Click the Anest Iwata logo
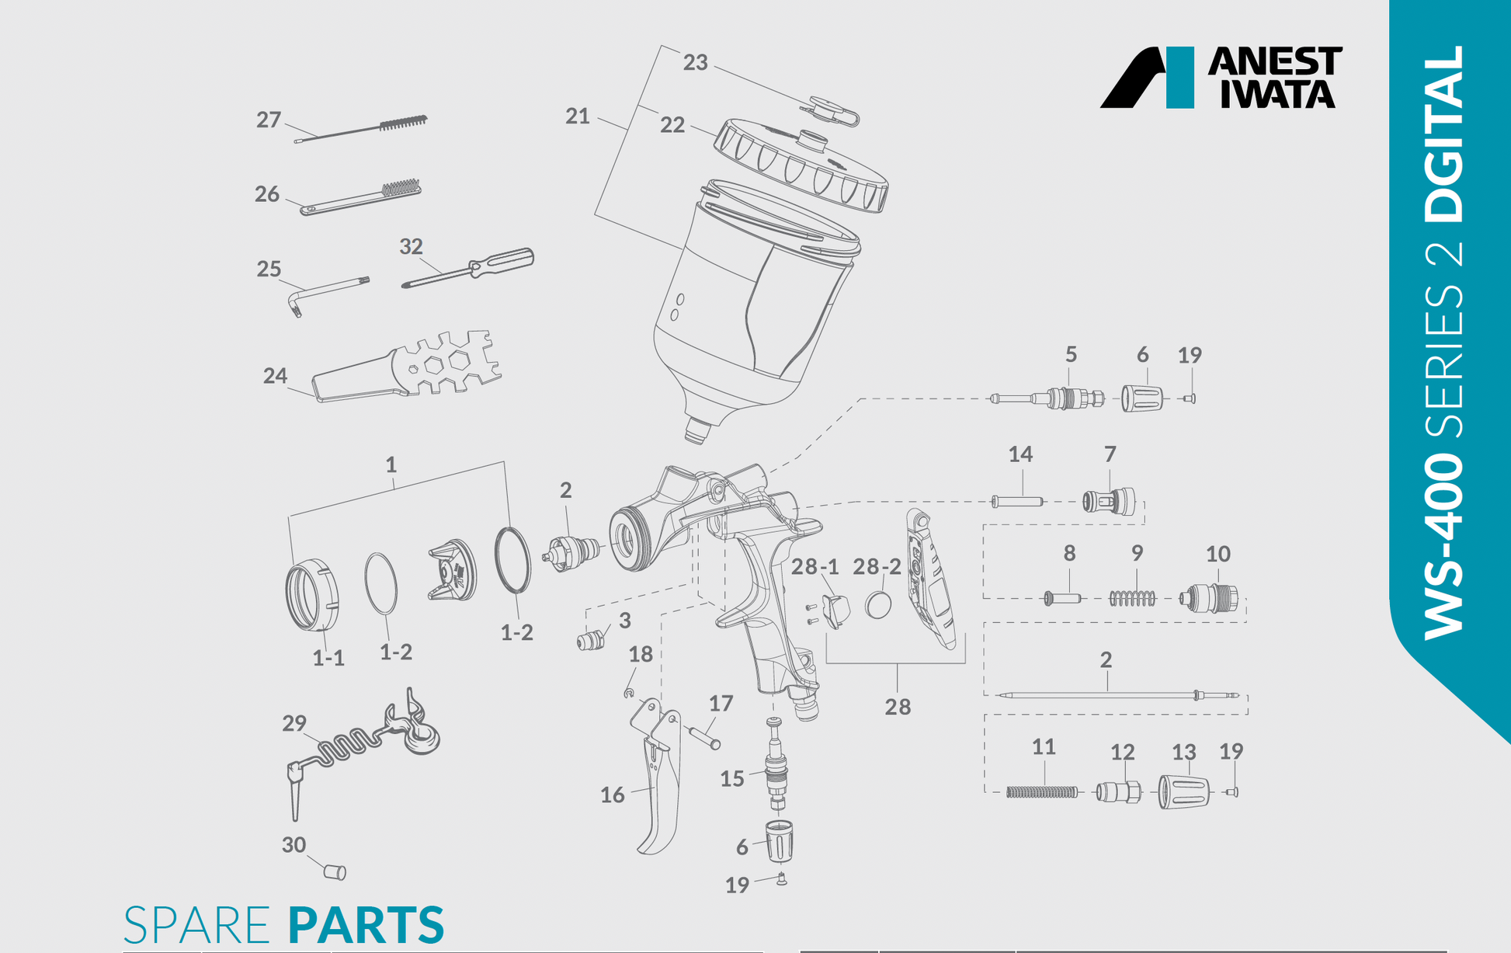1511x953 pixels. (1221, 77)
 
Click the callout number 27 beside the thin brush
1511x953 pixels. (269, 120)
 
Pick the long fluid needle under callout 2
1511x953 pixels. (1110, 695)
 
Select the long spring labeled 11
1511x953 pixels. (1042, 792)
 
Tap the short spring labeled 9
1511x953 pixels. (1132, 598)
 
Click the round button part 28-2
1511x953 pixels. (878, 605)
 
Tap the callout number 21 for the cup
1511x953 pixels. (577, 117)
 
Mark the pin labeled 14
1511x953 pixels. (1017, 502)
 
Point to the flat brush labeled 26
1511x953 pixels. (362, 198)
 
